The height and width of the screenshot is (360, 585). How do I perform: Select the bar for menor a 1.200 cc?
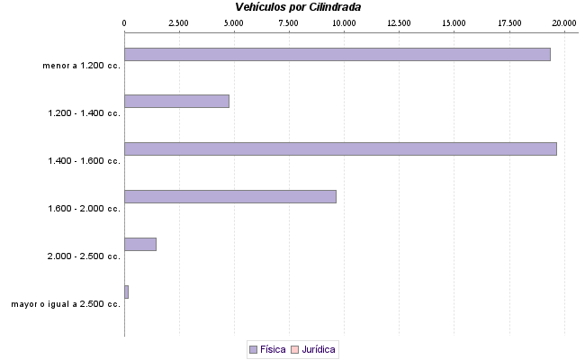coord(337,54)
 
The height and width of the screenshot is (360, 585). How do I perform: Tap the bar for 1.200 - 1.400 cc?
coord(176,101)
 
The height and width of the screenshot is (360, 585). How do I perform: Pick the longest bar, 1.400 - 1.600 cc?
coord(340,148)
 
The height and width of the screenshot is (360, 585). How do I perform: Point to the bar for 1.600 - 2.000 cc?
coord(229,196)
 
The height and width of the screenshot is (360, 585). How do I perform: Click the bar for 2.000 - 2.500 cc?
coord(140,244)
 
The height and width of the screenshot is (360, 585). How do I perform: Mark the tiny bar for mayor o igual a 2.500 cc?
coord(127,292)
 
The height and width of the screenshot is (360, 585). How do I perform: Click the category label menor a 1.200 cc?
coord(81,65)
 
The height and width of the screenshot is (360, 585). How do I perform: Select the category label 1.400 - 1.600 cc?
coord(84,160)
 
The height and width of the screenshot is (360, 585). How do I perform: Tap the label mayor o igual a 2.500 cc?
coord(66,304)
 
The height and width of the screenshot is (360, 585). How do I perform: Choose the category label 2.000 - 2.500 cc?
coord(84,256)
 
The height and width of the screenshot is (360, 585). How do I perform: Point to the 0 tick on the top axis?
coord(124,22)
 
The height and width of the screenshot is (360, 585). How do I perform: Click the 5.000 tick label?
coord(233,22)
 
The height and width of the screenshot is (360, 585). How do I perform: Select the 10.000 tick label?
coord(344,22)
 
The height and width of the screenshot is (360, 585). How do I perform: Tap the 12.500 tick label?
coord(399,22)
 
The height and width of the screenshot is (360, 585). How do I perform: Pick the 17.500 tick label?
coord(508,22)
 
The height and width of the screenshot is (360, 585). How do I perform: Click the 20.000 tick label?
coord(564,22)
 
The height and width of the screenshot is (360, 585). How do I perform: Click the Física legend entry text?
coord(274,348)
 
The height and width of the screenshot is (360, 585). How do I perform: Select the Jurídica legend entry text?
coord(319,348)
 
